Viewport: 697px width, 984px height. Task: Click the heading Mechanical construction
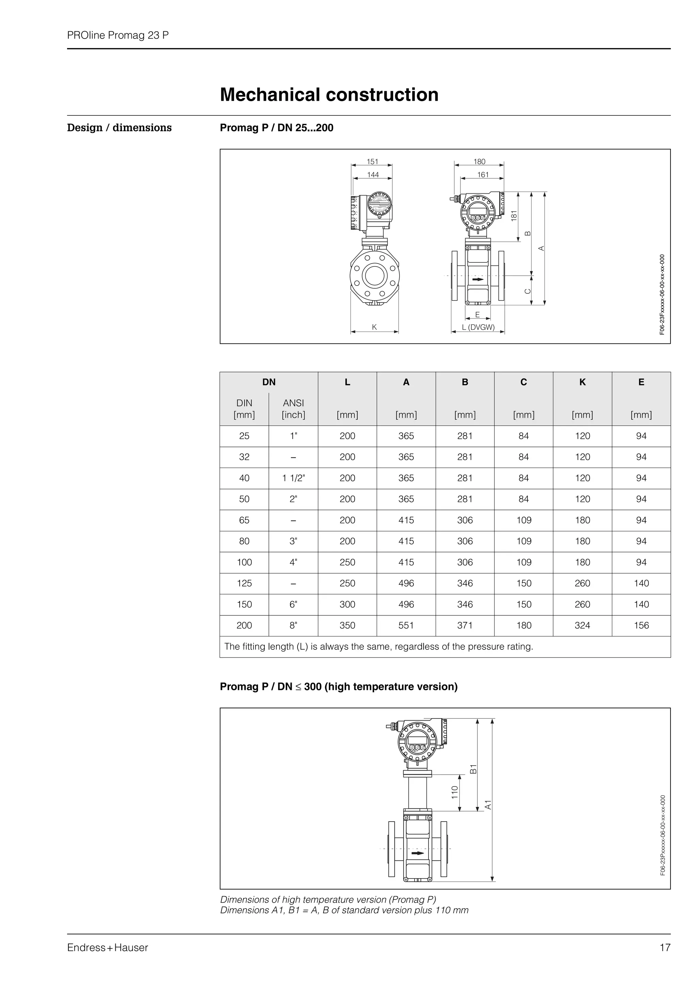point(329,95)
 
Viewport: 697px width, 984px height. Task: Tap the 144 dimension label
point(373,175)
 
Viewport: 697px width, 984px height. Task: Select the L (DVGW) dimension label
point(478,327)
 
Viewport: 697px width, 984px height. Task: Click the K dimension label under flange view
point(374,327)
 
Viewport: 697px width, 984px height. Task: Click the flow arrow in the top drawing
point(477,279)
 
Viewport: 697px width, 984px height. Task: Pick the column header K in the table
point(582,382)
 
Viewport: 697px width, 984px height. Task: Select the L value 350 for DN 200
point(347,625)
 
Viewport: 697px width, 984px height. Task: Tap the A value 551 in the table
point(406,625)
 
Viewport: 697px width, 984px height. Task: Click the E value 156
point(641,625)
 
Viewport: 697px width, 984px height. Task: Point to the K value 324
point(582,625)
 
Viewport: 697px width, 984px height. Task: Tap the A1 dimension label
point(488,805)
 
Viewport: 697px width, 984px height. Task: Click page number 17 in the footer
point(665,948)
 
